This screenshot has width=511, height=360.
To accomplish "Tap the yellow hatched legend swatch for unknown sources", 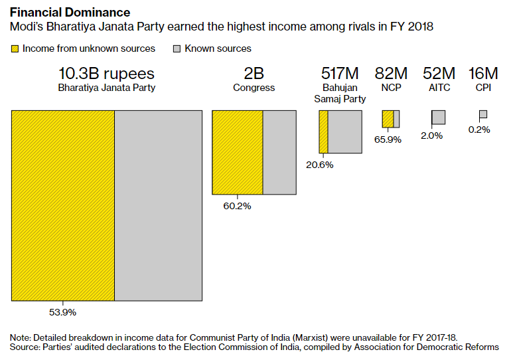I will click(14, 48).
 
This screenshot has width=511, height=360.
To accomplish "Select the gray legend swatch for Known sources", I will click(177, 48).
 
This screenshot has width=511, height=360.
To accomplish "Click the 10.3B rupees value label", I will click(106, 73).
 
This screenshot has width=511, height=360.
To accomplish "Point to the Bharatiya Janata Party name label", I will click(106, 88).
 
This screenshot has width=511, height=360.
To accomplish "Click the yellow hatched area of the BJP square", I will click(63, 205).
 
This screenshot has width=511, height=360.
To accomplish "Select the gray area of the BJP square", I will click(158, 205).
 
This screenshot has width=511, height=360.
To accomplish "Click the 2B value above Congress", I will click(254, 73).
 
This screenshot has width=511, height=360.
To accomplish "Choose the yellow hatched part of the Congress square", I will click(238, 152).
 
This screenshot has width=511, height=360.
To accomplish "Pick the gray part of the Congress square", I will click(279, 152).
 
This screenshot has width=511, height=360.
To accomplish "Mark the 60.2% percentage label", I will click(237, 206).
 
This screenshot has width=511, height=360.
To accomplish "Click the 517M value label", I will click(340, 73).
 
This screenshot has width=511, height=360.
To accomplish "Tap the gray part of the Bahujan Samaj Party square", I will click(344, 132).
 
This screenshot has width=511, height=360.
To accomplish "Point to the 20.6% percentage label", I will click(319, 164).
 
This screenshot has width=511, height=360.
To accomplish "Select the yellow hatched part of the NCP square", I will click(388, 119).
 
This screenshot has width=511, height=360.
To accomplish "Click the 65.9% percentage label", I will click(388, 139).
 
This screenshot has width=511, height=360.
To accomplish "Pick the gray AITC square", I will click(439, 118).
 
